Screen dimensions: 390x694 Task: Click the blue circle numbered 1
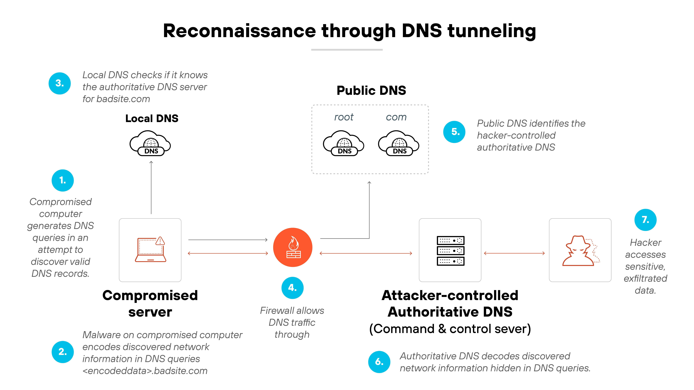[x=63, y=180]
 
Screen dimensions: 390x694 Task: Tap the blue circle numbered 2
[x=63, y=352]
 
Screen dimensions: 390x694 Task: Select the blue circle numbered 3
[x=60, y=83]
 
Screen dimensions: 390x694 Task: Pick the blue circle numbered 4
[x=292, y=288]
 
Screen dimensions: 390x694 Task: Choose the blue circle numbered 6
[x=379, y=362]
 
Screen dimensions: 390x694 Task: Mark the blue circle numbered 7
[x=645, y=220]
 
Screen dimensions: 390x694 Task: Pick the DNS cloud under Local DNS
[x=150, y=143]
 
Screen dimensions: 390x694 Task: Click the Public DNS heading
[x=371, y=90]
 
